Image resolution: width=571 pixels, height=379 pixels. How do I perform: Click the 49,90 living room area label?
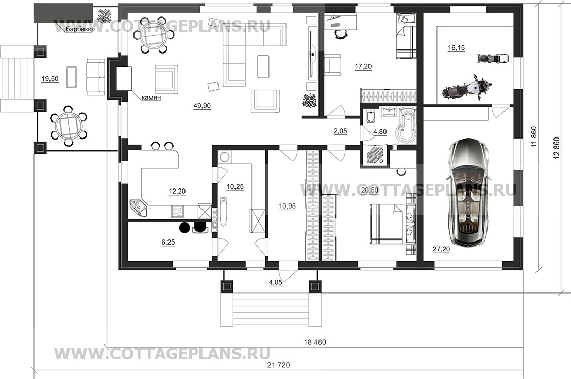202,106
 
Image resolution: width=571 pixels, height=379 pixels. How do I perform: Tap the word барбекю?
79,29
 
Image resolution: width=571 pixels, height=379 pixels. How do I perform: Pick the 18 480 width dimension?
315,342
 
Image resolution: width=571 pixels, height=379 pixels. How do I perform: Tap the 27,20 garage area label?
441,249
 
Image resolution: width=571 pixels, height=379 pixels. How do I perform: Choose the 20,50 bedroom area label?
370,190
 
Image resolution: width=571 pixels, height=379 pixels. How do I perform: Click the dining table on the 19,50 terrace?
68,125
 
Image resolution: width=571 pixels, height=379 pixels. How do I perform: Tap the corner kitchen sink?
139,208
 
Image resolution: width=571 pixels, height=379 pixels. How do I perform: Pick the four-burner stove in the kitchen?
177,211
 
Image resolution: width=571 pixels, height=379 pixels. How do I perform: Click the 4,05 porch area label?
276,282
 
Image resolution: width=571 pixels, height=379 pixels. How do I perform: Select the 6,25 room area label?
168,242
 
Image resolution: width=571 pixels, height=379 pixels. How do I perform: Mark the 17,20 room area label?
363,66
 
